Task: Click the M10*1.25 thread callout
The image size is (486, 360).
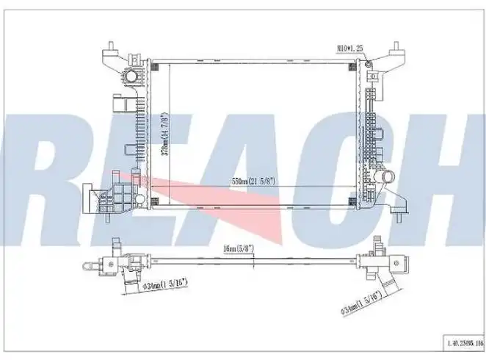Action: pos(352,48)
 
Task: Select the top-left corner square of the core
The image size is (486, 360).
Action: pos(154,65)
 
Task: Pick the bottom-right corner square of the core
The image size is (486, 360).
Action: pos(353,201)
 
